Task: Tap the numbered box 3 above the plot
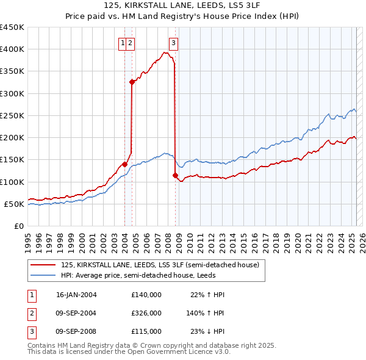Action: (174, 43)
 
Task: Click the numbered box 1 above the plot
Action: (123, 43)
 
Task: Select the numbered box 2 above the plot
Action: (131, 43)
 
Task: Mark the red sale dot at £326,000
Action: (132, 82)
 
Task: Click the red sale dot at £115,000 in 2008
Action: (175, 175)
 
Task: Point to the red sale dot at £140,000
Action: (124, 164)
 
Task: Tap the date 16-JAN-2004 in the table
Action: (76, 295)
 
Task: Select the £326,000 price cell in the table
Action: (146, 313)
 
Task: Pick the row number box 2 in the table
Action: (31, 313)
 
